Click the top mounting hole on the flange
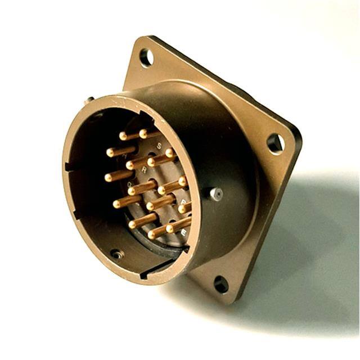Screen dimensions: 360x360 146,56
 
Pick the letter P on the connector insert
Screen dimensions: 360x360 184,200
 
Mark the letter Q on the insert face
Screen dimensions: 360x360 130,183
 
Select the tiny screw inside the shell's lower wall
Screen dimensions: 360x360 116,254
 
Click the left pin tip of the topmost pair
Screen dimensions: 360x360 123,136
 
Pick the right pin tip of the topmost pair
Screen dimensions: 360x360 143,133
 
